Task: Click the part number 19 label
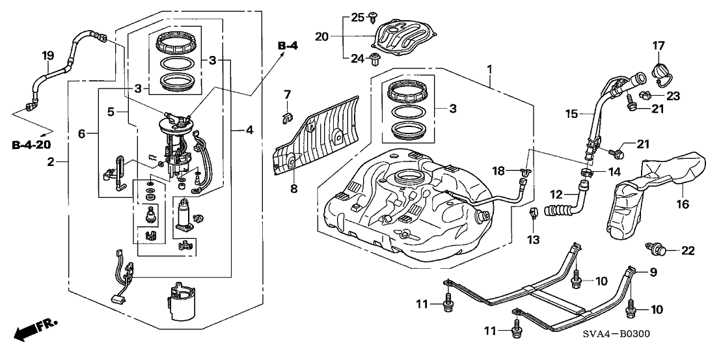(x=48, y=56)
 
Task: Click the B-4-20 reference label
(x=31, y=145)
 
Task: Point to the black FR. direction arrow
(x=30, y=331)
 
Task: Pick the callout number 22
(x=687, y=251)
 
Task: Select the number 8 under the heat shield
(x=293, y=188)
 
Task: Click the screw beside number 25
(x=373, y=18)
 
